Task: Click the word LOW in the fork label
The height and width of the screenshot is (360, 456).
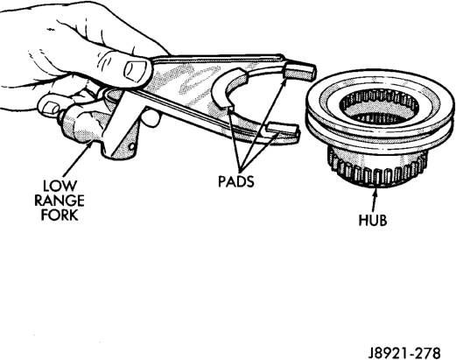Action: pyautogui.click(x=60, y=186)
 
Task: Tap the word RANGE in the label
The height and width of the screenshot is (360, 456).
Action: pyautogui.click(x=60, y=201)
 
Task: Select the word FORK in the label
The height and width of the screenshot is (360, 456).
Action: pyautogui.click(x=60, y=215)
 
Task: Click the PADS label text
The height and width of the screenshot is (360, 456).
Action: pyautogui.click(x=236, y=181)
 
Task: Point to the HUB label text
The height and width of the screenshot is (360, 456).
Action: pyautogui.click(x=373, y=220)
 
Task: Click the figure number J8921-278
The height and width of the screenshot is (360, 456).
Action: pyautogui.click(x=404, y=352)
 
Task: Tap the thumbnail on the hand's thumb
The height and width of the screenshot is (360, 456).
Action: pyautogui.click(x=136, y=70)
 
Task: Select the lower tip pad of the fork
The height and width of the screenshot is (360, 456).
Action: pyautogui.click(x=283, y=130)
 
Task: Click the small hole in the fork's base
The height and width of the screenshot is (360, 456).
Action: pyautogui.click(x=132, y=145)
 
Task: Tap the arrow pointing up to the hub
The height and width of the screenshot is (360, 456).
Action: pyautogui.click(x=375, y=200)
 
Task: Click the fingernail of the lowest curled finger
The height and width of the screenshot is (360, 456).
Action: pyautogui.click(x=48, y=107)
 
